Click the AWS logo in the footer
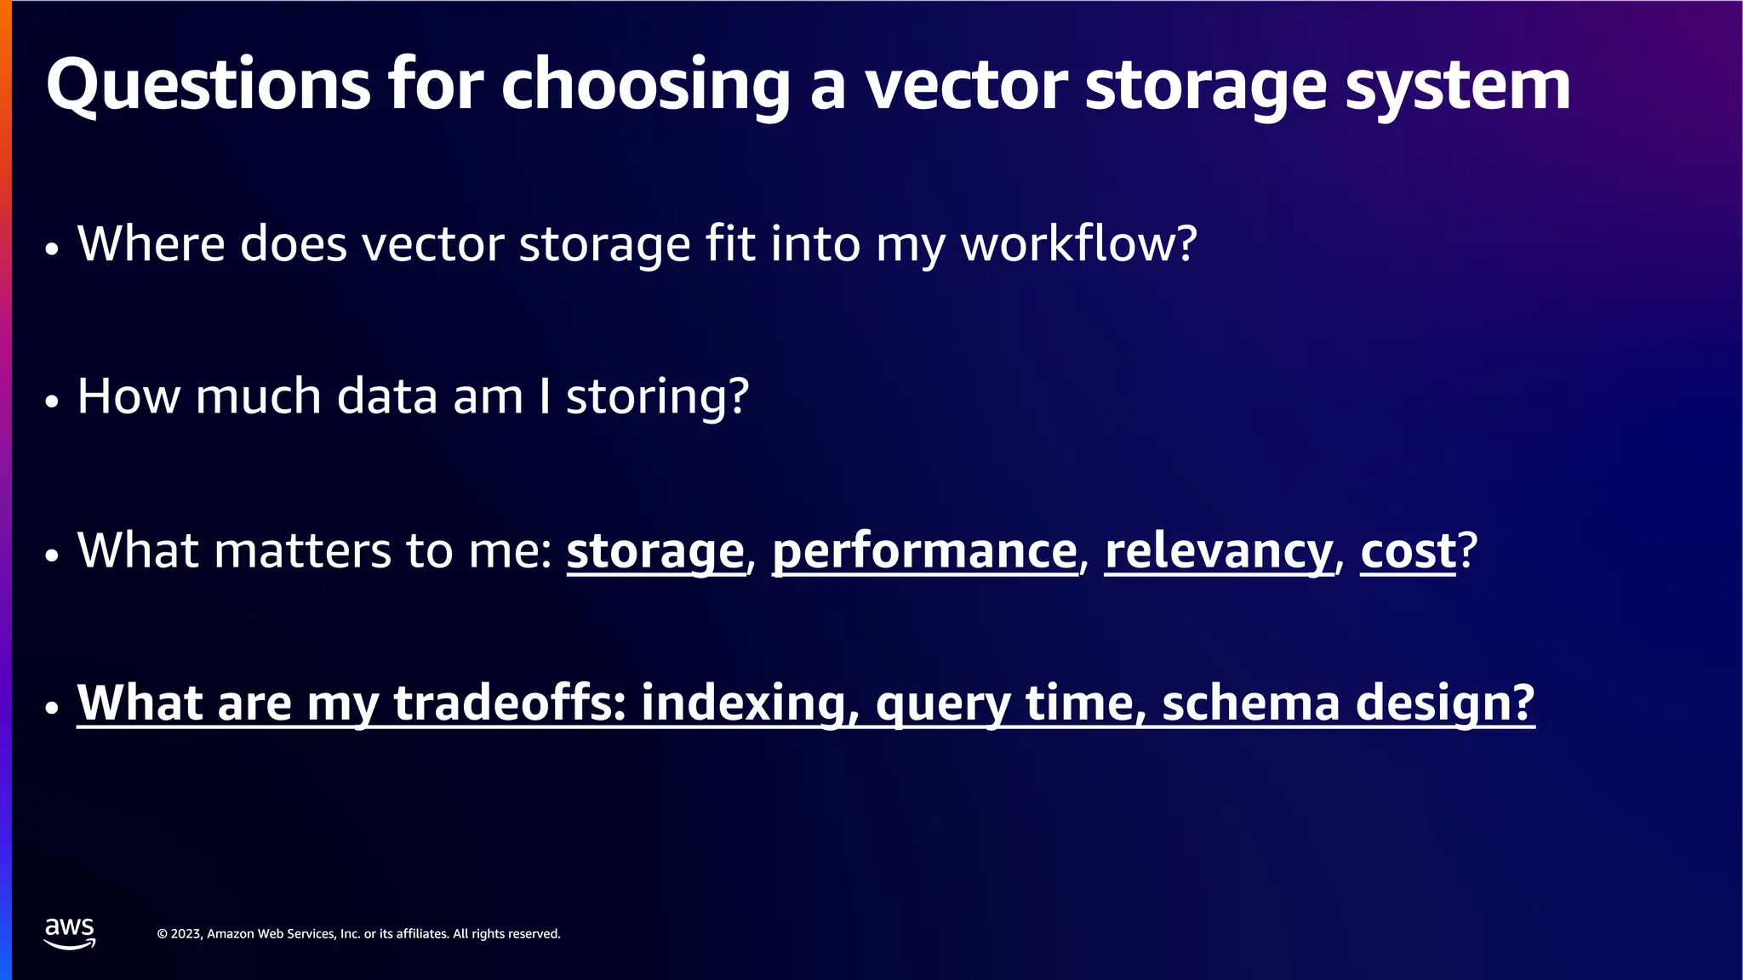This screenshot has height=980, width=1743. click(x=70, y=932)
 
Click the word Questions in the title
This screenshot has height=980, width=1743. click(x=209, y=85)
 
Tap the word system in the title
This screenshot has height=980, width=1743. click(x=1457, y=85)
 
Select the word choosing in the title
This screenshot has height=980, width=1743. click(x=646, y=85)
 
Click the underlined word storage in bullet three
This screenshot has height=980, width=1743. click(x=655, y=550)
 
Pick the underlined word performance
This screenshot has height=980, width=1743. click(x=925, y=550)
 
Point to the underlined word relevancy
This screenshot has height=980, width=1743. click(x=1219, y=550)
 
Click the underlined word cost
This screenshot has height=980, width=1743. click(x=1409, y=550)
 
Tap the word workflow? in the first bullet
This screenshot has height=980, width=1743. click(x=1078, y=243)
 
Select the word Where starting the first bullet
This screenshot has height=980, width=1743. click(x=151, y=243)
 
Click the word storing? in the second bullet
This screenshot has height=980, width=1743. click(x=657, y=396)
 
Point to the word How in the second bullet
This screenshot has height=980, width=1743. click(x=128, y=396)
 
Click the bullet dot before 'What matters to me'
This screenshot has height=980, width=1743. click(x=52, y=556)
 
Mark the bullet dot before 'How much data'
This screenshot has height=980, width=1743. click(x=52, y=402)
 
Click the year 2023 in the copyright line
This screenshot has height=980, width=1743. click(x=186, y=934)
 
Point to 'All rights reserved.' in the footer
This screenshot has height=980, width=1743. click(x=506, y=934)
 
